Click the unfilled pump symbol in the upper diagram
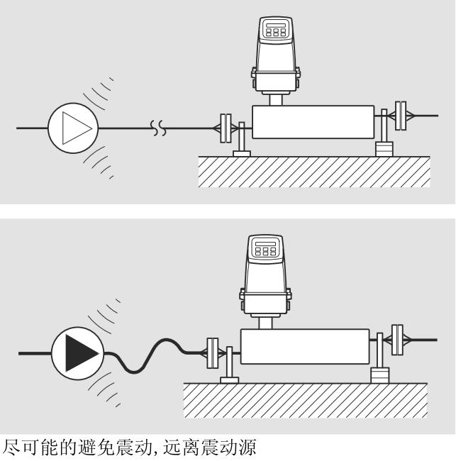(73, 128)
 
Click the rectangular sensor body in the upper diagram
(313, 122)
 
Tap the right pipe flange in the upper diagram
(402, 115)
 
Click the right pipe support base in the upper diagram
(384, 150)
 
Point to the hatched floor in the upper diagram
(312, 172)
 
